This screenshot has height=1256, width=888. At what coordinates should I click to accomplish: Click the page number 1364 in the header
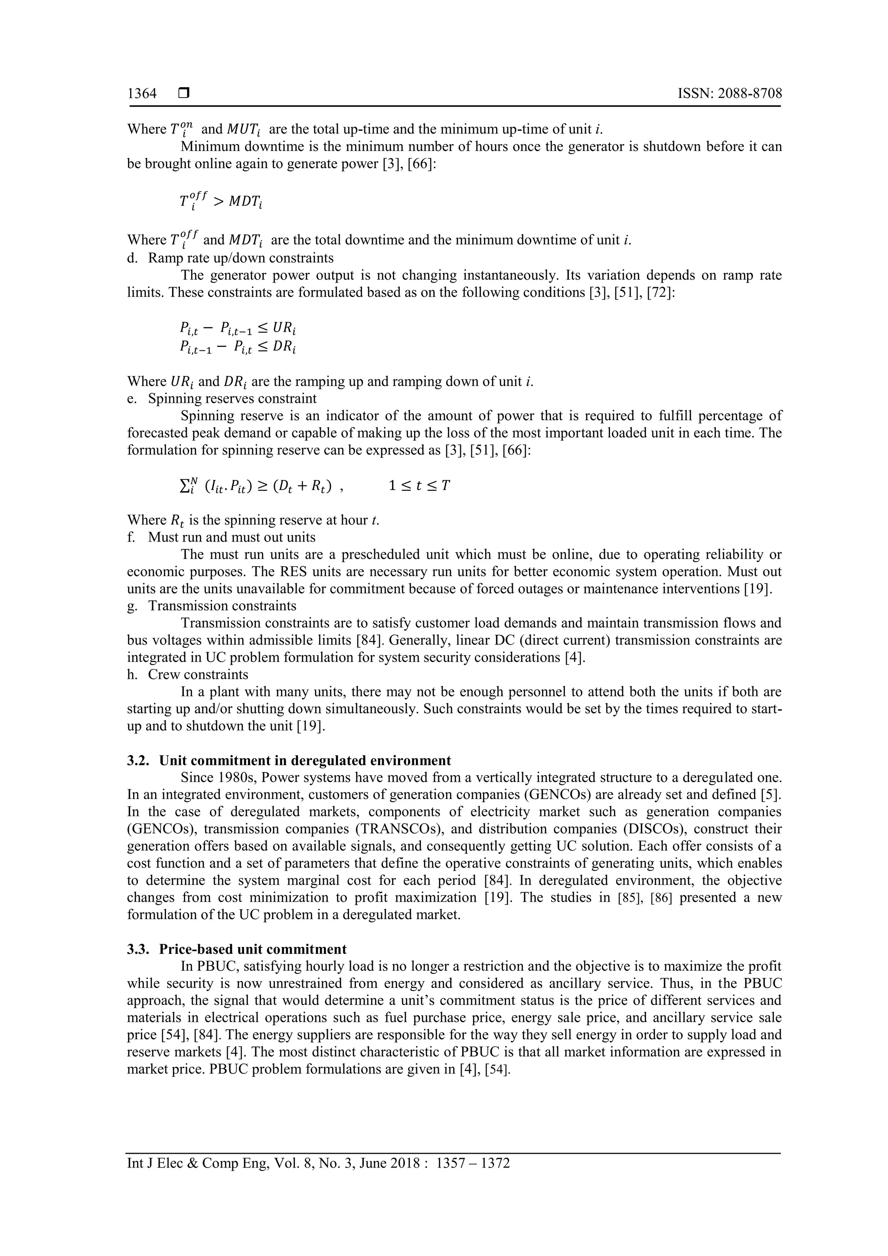(x=142, y=94)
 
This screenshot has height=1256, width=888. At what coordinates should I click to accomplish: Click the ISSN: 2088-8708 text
(x=729, y=94)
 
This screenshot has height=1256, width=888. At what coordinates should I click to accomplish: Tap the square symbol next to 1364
(x=184, y=94)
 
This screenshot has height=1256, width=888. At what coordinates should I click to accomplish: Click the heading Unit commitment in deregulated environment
(x=305, y=760)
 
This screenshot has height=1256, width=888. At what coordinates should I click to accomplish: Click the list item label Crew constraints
(x=198, y=675)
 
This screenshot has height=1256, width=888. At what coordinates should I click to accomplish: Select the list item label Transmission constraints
(x=222, y=606)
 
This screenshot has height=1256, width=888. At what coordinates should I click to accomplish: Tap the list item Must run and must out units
(x=232, y=537)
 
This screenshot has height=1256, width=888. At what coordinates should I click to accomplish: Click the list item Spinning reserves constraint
(x=232, y=398)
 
